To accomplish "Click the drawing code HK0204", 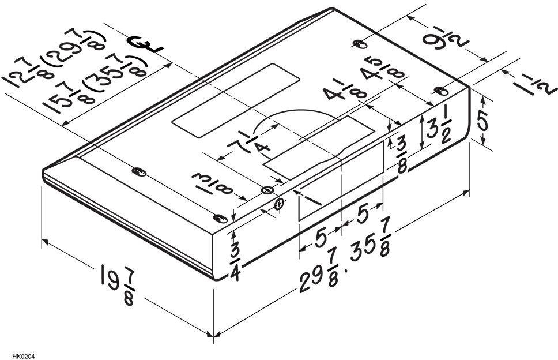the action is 24,356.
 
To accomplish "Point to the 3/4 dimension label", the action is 235,262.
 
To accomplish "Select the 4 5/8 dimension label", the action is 383,69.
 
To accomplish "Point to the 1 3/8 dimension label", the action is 213,182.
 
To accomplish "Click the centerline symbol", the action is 146,45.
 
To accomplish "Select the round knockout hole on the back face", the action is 280,204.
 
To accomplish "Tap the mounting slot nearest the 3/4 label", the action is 220,218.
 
